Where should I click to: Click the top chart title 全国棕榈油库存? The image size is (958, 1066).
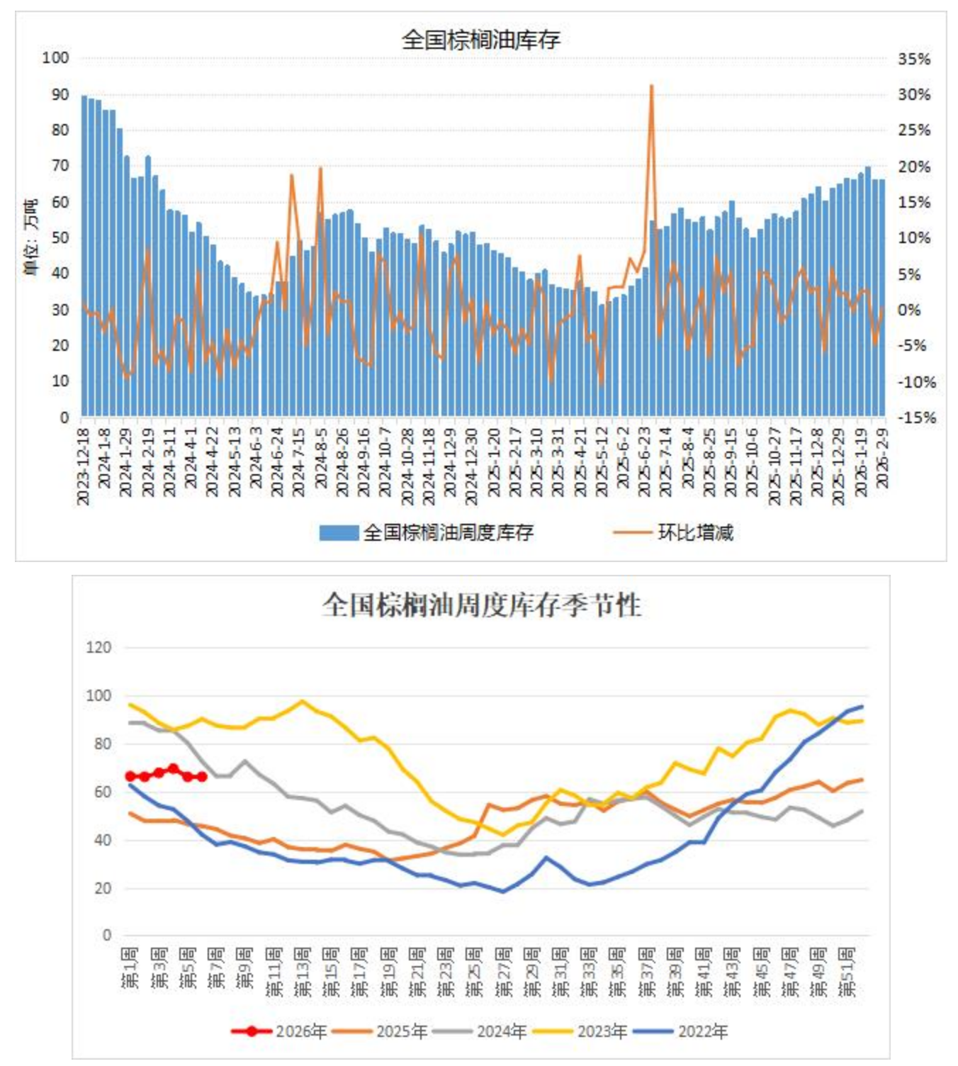coord(481,40)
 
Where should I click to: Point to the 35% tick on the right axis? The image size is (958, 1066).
coord(914,59)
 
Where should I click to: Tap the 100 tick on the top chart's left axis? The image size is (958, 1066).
coord(55,57)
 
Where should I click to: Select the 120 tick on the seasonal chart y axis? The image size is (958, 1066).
coord(98,647)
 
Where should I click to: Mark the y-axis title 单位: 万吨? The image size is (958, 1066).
coord(30,237)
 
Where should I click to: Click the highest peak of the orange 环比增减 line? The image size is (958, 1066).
coord(651,86)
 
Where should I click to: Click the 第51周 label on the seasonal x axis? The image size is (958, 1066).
coord(847,971)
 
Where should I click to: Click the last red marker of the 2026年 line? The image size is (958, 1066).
coord(202,777)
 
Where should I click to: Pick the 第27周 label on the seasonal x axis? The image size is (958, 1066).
coord(503,971)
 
